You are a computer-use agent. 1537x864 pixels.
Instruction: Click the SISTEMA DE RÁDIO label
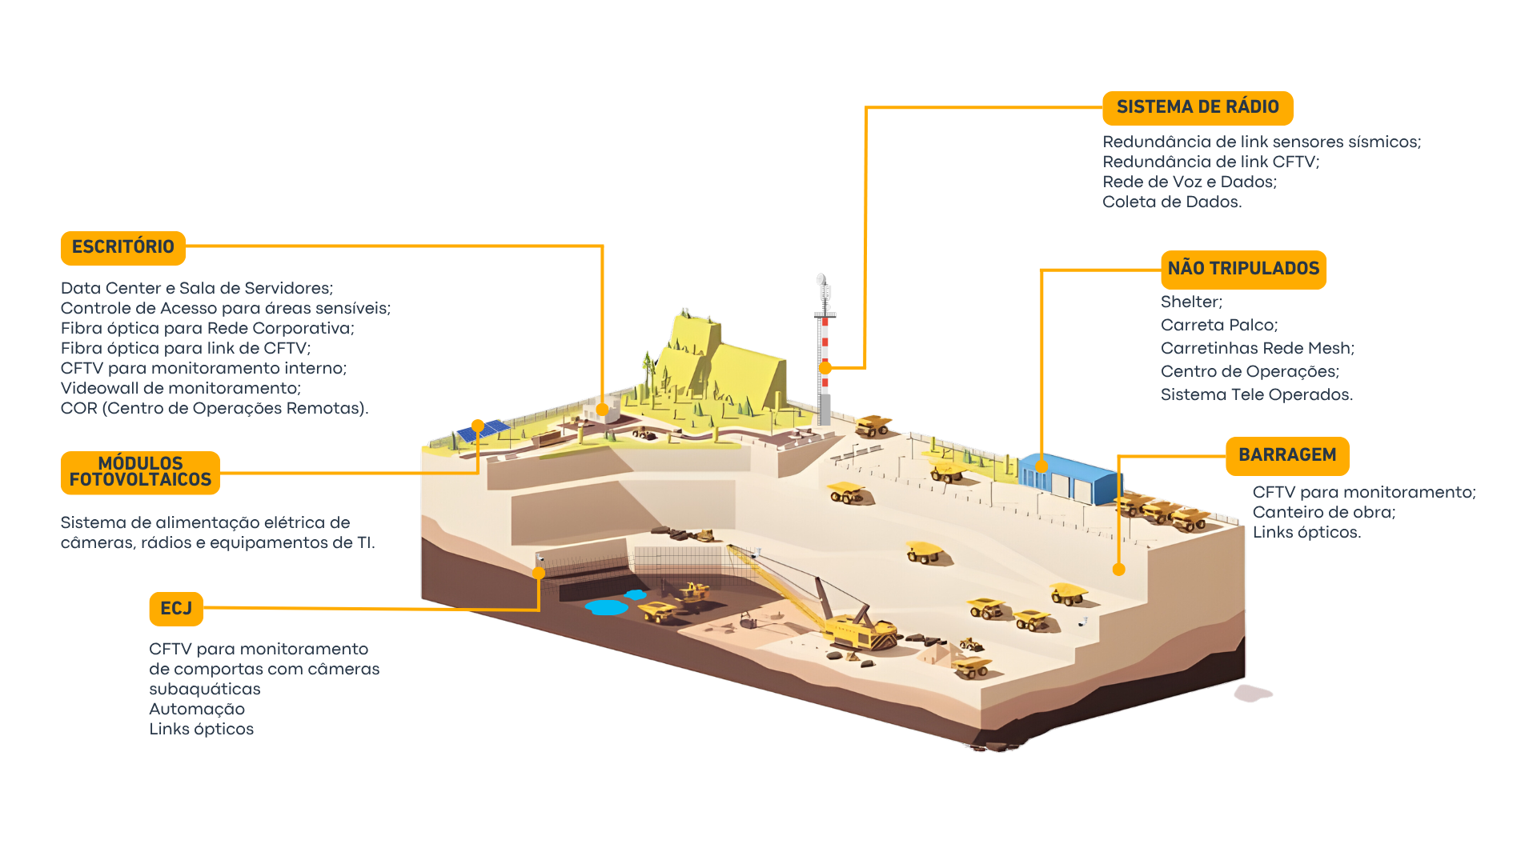click(1197, 107)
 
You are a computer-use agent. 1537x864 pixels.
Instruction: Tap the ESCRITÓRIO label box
click(122, 247)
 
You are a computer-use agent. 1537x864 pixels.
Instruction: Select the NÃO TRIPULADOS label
click(1242, 269)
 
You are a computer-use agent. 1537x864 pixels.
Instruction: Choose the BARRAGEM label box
click(1286, 455)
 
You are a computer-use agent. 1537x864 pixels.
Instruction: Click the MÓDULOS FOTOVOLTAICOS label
click(140, 472)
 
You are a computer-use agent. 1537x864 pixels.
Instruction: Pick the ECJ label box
click(175, 609)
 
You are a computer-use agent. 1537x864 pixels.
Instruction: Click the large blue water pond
click(607, 607)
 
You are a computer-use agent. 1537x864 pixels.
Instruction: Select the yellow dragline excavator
click(857, 628)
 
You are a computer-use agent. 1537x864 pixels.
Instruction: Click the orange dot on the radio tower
click(825, 367)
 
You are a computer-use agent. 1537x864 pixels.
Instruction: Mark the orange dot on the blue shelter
click(1041, 466)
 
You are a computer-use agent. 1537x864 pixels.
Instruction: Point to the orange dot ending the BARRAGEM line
click(1118, 570)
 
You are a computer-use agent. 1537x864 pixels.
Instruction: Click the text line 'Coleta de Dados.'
click(1171, 202)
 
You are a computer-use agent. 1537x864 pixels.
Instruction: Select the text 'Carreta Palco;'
click(1218, 326)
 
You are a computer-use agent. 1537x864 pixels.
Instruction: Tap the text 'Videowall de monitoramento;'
click(180, 389)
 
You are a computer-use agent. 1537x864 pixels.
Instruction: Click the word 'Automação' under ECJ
click(197, 710)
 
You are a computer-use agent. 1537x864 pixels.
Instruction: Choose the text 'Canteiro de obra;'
click(1323, 513)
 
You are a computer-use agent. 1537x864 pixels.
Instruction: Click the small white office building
click(602, 413)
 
